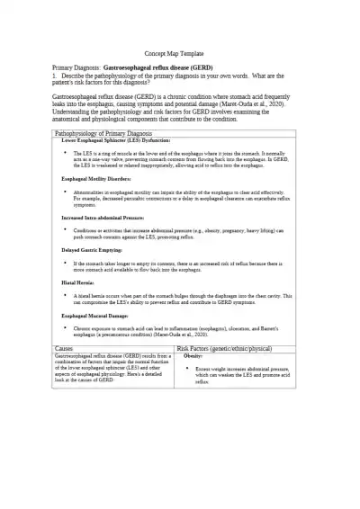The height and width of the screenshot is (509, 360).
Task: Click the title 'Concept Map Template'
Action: (x=180, y=54)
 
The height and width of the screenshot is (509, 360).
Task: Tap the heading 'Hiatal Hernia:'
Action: (x=76, y=281)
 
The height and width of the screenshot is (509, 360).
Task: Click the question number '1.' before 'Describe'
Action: (x=55, y=76)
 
